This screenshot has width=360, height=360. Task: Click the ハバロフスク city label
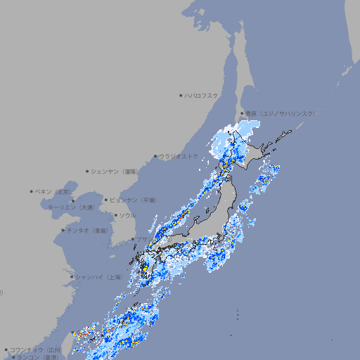tap(202, 96)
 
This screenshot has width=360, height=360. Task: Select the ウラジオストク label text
tap(179, 156)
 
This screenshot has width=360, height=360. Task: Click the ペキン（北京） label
tap(53, 191)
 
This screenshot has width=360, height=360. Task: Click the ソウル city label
tap(127, 215)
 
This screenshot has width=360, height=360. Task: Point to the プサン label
tap(142, 240)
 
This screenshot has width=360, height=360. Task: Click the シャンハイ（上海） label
tap(98, 277)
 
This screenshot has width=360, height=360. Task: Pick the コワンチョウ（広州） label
tap(35, 349)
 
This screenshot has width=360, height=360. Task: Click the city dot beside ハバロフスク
tap(181, 96)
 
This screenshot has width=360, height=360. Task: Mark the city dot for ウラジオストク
tap(155, 156)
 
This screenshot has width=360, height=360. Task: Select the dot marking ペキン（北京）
tap(32, 191)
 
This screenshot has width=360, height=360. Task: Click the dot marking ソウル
tap(115, 215)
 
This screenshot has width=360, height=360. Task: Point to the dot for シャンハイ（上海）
tap(72, 277)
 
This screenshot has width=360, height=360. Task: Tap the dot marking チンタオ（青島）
tap(63, 230)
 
